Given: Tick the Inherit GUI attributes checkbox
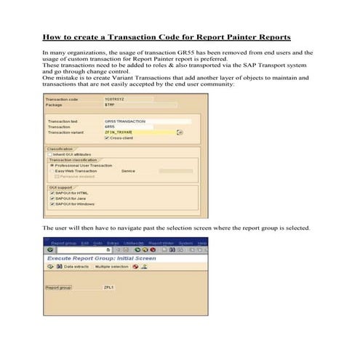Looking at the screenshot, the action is coord(49,154).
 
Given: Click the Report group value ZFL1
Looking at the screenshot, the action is coord(109,287).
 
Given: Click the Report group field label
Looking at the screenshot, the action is coord(58,287).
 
